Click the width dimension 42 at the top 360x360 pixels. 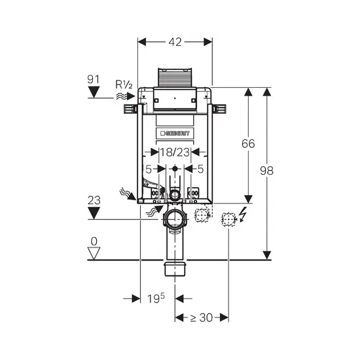175,42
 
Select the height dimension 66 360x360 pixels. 248,143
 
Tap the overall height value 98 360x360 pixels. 267,171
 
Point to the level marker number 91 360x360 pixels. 93,79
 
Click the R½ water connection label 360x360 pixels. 124,84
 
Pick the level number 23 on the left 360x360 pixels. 94,200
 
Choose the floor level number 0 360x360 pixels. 94,242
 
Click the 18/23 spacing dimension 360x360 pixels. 175,153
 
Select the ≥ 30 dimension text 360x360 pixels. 202,317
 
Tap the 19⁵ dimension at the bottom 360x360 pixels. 156,298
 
